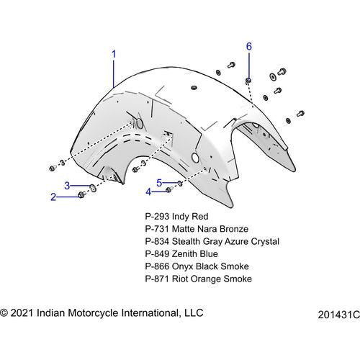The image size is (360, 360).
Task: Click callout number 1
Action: [x=114, y=54]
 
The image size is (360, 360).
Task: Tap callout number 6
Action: [x=249, y=46]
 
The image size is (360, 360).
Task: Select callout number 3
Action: [x=67, y=186]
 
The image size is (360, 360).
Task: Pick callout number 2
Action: [x=53, y=197]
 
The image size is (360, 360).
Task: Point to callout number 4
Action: [x=149, y=192]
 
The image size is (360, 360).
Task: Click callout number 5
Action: [x=159, y=183]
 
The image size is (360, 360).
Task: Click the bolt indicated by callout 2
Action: [x=81, y=195]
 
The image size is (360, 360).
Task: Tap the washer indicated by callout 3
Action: [x=93, y=188]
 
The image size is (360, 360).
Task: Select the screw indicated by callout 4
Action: [x=168, y=189]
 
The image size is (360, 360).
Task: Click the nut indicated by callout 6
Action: [x=248, y=81]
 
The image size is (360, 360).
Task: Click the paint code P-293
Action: [x=157, y=217]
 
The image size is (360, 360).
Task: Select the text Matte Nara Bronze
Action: [x=210, y=229]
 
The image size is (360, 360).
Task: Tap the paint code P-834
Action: [x=157, y=241]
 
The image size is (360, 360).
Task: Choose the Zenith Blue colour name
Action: [x=195, y=254]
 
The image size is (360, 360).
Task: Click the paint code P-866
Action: [x=157, y=266]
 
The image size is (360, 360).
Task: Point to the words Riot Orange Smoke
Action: [x=212, y=279]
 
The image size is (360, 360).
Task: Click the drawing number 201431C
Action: [x=339, y=315]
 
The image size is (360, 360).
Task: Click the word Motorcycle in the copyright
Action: [x=94, y=313]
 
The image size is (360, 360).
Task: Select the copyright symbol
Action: [x=4, y=313]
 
